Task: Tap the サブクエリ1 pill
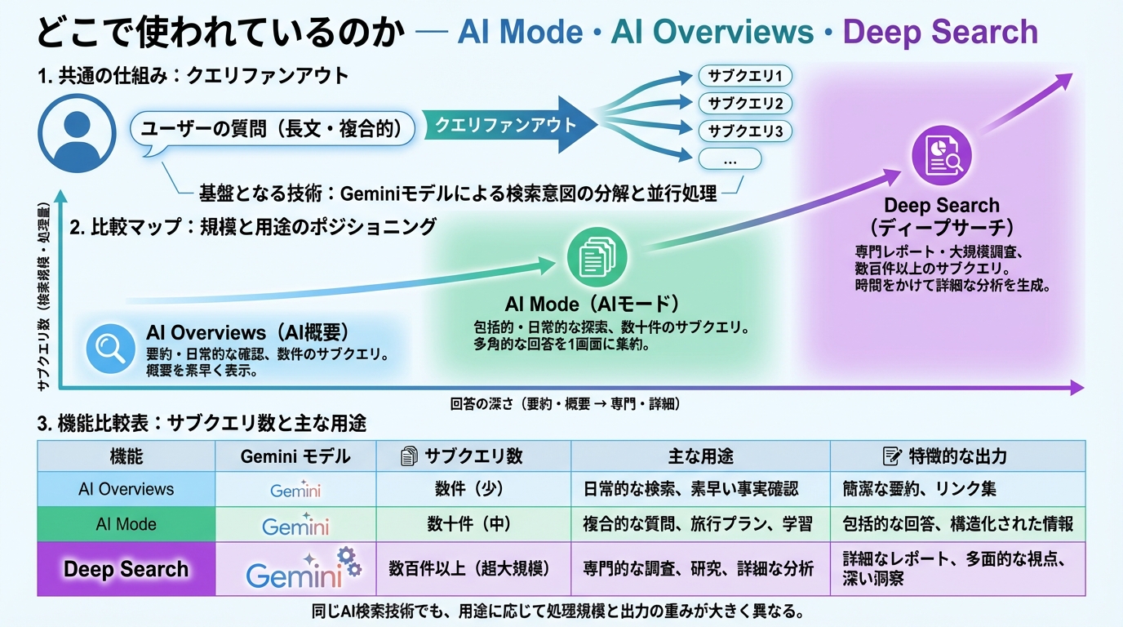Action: [x=745, y=77]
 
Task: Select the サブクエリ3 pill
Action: [x=745, y=131]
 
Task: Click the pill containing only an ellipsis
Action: [x=729, y=159]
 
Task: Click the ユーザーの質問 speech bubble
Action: [x=273, y=128]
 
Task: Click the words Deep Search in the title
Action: [x=940, y=32]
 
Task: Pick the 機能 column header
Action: [x=126, y=456]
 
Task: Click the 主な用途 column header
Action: [x=699, y=456]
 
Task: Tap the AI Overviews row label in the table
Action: [x=126, y=490]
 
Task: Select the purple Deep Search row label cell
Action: [x=126, y=569]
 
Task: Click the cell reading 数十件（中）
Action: [x=473, y=524]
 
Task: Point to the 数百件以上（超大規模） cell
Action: [x=473, y=569]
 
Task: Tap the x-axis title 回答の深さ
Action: [x=564, y=403]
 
